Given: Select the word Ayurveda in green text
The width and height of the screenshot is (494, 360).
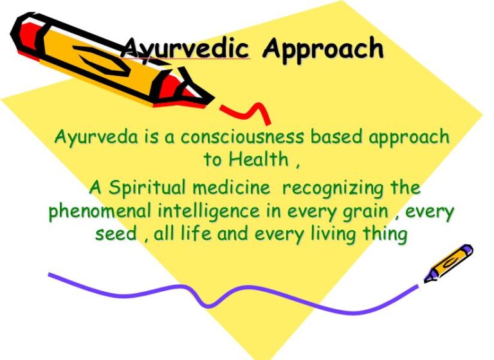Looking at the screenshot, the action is pyautogui.click(x=96, y=138).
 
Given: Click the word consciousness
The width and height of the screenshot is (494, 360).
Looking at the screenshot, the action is pyautogui.click(x=242, y=138).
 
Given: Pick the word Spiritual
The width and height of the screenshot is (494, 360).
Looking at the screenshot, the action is pyautogui.click(x=147, y=188).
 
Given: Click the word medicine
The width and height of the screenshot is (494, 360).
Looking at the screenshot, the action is pyautogui.click(x=232, y=188).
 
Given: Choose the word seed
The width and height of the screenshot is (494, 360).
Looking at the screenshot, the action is pyautogui.click(x=116, y=234).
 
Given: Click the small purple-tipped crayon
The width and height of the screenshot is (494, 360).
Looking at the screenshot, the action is pyautogui.click(x=448, y=263).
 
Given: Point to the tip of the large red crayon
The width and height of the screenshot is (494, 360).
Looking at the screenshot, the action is pyautogui.click(x=214, y=99).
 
